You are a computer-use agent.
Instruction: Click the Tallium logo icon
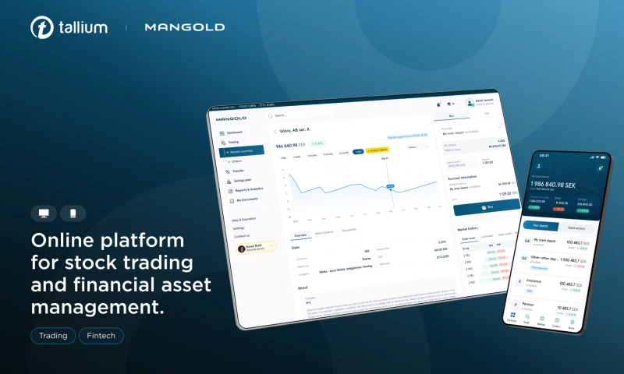click(42, 27)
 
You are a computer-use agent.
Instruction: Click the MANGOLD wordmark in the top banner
click(184, 27)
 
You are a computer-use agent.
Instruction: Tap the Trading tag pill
click(53, 337)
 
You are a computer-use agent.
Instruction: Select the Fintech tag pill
click(101, 337)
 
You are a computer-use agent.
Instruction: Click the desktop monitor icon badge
click(44, 213)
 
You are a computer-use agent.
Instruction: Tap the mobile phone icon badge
click(73, 213)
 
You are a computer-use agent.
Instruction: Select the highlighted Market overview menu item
click(243, 150)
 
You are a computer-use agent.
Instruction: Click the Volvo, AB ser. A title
click(295, 131)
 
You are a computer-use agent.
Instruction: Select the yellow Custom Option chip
click(378, 150)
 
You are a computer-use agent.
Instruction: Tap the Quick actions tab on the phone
click(577, 227)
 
